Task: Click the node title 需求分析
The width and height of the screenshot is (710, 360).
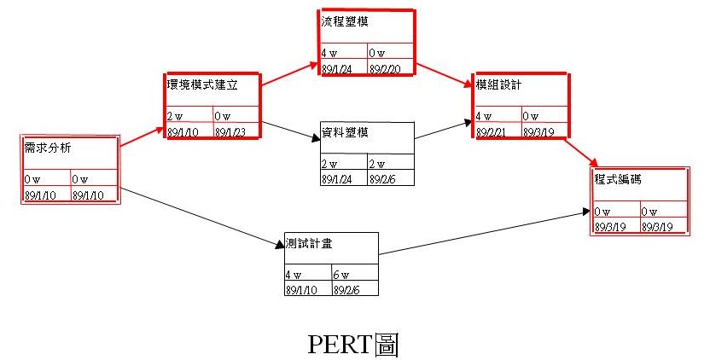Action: (49, 148)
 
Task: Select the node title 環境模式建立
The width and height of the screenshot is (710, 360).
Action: (201, 84)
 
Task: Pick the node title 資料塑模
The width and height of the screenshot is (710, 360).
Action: (345, 132)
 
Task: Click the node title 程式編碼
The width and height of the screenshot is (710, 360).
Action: (619, 180)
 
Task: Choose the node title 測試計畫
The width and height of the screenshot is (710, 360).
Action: (309, 243)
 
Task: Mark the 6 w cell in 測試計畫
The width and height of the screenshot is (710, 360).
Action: (343, 275)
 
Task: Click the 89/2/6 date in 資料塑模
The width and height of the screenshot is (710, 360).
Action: (385, 178)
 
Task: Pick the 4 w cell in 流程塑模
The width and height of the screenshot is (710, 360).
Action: (330, 53)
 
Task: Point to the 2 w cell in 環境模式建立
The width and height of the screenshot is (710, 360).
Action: (175, 116)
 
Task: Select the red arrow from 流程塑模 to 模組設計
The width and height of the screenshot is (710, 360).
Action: (444, 73)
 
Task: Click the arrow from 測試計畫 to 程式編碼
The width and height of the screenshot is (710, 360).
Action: (486, 231)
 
